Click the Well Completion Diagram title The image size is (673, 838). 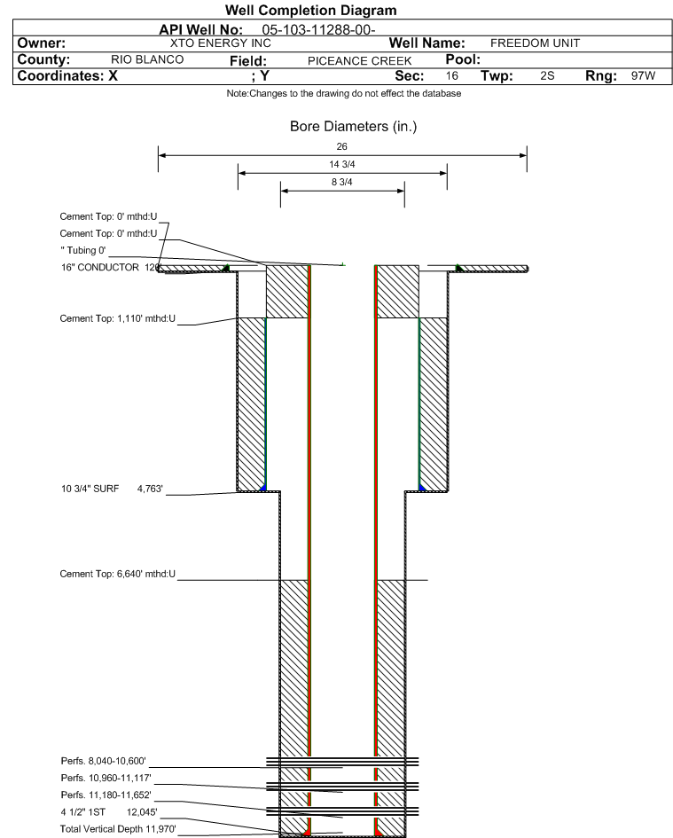[310, 10]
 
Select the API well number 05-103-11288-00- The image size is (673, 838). [318, 30]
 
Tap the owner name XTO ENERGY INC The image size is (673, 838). [220, 43]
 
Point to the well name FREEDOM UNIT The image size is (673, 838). [535, 43]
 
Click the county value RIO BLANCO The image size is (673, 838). [147, 59]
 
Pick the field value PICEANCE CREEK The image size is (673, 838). [359, 61]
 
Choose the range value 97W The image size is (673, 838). [643, 75]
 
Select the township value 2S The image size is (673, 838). [547, 75]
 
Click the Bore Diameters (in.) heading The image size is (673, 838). [353, 127]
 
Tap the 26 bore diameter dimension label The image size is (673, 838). [342, 146]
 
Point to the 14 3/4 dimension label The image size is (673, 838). [342, 164]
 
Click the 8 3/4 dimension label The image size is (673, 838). [342, 183]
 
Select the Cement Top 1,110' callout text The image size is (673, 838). [118, 318]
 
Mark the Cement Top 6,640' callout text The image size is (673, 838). [118, 574]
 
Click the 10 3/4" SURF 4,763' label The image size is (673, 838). [113, 489]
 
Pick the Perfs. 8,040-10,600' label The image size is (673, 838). [104, 761]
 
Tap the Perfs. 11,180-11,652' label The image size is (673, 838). [106, 795]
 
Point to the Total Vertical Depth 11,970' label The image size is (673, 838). [118, 829]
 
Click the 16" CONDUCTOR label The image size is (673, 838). [100, 267]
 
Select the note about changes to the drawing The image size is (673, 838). [344, 93]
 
